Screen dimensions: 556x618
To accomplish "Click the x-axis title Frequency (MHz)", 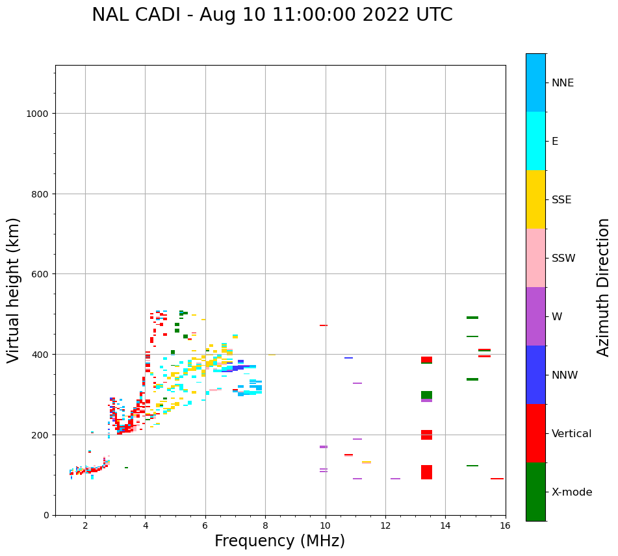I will (x=279, y=541).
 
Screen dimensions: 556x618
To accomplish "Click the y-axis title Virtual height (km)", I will (x=14, y=290).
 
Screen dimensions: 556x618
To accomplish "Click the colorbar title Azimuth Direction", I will (x=604, y=287).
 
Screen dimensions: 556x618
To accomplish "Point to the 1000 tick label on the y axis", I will (x=38, y=114).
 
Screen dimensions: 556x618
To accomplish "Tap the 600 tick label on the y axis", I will (x=40, y=274).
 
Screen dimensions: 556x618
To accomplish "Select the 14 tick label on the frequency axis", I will (x=445, y=526).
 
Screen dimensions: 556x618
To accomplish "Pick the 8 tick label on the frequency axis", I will (x=265, y=526).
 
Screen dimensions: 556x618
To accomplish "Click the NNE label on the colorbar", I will (x=563, y=83).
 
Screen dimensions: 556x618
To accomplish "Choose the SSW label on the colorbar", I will (x=563, y=259).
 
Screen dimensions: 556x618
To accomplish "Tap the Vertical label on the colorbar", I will (x=571, y=434).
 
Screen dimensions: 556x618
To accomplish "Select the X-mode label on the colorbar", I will (x=572, y=492).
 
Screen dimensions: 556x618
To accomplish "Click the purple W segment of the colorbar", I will (x=535, y=316).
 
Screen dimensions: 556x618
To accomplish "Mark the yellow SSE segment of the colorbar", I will (x=535, y=199).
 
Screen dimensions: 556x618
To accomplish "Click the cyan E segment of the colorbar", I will (x=535, y=141).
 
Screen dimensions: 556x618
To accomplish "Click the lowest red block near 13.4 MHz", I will (x=426, y=472).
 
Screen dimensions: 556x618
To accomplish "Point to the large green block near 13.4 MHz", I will (x=426, y=395).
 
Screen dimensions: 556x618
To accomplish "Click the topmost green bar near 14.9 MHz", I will (x=472, y=318).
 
